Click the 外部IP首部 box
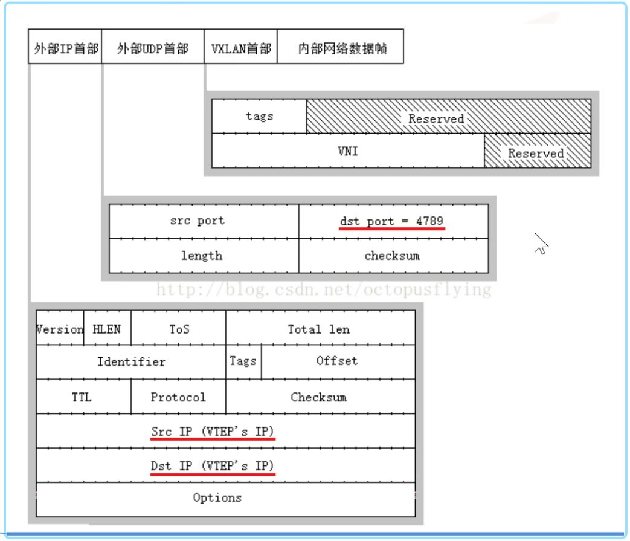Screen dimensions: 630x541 [x=65, y=46]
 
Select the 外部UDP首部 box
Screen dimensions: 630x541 [x=153, y=46]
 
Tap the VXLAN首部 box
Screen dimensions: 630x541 [x=240, y=46]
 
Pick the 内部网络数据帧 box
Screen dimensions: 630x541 [x=340, y=46]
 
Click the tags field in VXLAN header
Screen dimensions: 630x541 [x=259, y=116]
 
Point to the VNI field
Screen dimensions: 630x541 [x=348, y=151]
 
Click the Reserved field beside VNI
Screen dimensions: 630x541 [x=538, y=151]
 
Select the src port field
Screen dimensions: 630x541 [x=204, y=221]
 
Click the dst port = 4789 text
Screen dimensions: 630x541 [x=391, y=221]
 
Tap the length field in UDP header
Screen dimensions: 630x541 [x=204, y=256]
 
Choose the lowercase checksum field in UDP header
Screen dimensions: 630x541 [x=394, y=256]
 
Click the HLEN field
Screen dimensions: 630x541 [x=108, y=328]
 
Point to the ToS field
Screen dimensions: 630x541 [x=178, y=328]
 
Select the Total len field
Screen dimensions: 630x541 [x=321, y=328]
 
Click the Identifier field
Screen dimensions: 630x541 [x=131, y=361]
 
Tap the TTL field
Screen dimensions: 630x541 [x=83, y=397]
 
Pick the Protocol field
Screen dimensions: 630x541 [x=178, y=397]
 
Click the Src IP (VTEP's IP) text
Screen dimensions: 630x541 [x=213, y=431]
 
